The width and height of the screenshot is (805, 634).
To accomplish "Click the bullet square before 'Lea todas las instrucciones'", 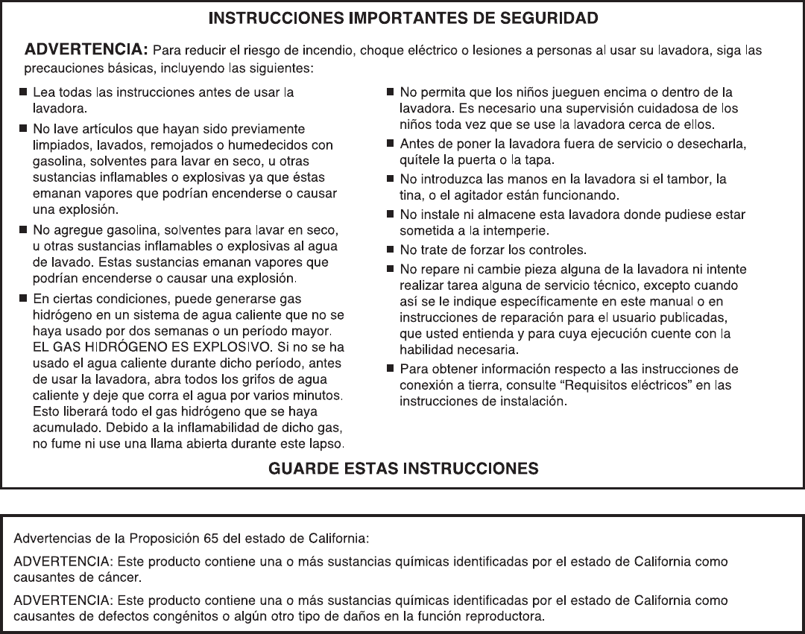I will [23, 93].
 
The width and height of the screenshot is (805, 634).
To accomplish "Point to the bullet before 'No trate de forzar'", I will [390, 249].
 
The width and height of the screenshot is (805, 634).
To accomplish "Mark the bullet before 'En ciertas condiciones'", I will [23, 299].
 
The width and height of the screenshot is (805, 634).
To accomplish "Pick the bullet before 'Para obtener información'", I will [390, 369].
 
